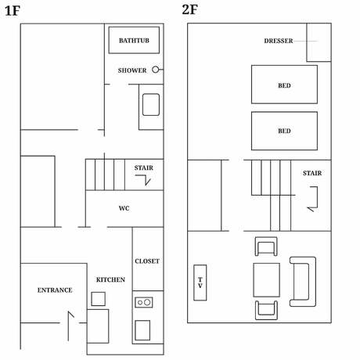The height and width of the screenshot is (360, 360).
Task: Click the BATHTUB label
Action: (x=134, y=41)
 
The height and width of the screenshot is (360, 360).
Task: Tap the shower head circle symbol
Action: (x=156, y=70)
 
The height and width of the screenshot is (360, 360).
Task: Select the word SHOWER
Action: (x=132, y=70)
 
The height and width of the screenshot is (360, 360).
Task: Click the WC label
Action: (x=124, y=208)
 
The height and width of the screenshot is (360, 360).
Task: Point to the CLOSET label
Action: (x=147, y=261)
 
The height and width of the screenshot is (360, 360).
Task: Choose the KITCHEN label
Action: (x=110, y=279)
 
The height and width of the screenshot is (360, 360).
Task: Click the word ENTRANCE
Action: (x=55, y=290)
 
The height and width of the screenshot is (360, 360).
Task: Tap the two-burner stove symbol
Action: (x=144, y=302)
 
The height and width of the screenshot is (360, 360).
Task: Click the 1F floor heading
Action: (x=13, y=11)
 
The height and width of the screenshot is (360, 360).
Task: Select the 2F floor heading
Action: (x=189, y=9)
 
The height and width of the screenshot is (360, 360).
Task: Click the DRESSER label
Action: (x=279, y=41)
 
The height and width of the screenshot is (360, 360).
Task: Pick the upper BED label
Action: (x=284, y=85)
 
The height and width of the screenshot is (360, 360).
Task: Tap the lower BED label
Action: (x=284, y=131)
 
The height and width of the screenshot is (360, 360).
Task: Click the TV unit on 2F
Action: (x=200, y=283)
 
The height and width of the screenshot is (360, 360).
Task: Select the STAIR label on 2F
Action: (x=312, y=173)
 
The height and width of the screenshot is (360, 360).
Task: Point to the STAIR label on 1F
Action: (x=144, y=168)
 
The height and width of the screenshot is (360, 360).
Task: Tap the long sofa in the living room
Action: (x=303, y=282)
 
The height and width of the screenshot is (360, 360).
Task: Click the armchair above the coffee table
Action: (x=266, y=247)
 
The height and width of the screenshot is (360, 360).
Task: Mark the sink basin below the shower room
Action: (x=151, y=105)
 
